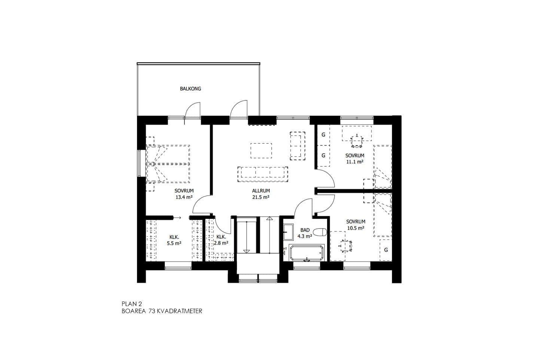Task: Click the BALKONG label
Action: pos(190,89)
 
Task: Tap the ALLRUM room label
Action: pos(261,191)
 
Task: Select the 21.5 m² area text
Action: pos(261,197)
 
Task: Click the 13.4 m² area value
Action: pos(184,197)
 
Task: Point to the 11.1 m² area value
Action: pos(355,162)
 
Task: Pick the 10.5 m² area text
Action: pos(356,228)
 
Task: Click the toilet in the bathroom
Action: pos(321,232)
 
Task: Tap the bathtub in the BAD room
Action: pos(306,252)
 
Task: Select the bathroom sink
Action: pos(288,232)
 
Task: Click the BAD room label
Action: pos(305,230)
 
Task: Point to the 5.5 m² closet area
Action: pos(174,243)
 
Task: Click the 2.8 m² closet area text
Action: pos(221,243)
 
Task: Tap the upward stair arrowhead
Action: pos(269,218)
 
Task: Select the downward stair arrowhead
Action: pos(246,251)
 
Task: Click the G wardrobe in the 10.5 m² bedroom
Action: pos(386,250)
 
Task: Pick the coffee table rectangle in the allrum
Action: pos(261,151)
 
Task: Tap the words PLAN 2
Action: pos(132,304)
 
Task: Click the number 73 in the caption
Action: pos(151,311)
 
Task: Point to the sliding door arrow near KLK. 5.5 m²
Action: pos(177,218)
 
